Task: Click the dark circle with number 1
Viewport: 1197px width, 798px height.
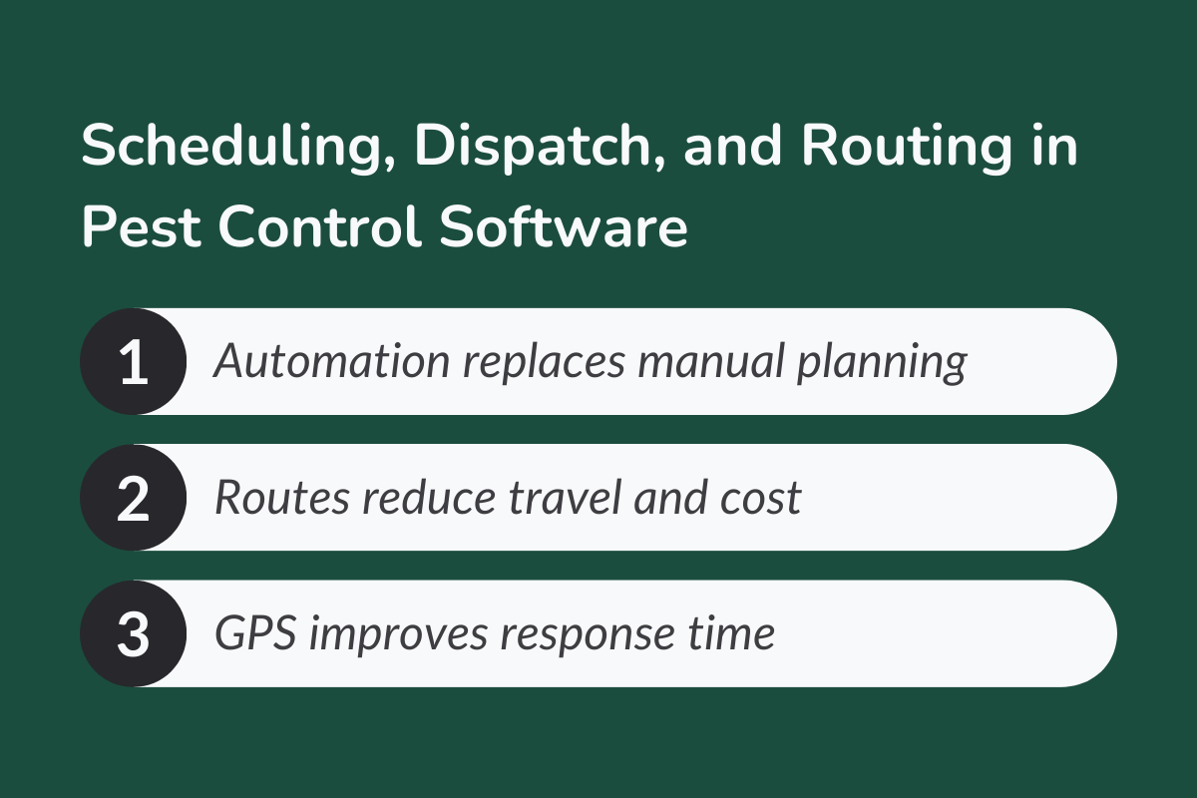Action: coord(133,361)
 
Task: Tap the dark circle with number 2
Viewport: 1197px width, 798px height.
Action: coord(133,498)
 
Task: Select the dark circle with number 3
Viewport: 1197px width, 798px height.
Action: coord(133,633)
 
